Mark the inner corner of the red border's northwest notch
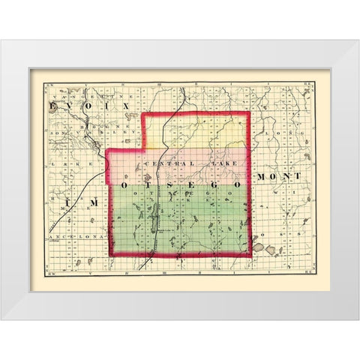point(143,150)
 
